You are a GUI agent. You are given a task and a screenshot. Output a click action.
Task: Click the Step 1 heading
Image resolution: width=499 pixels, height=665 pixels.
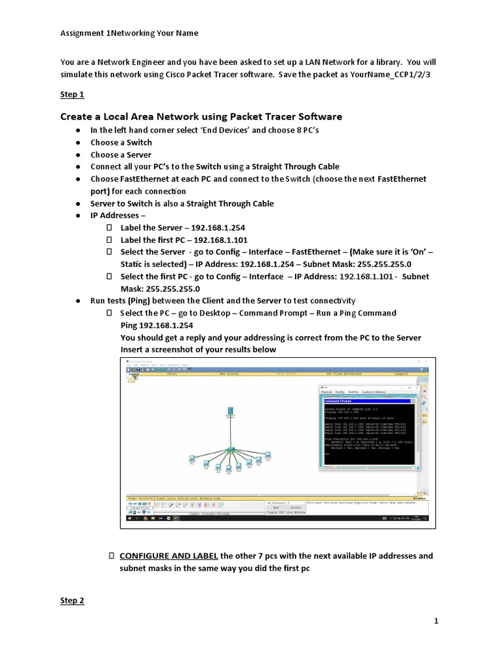point(72,94)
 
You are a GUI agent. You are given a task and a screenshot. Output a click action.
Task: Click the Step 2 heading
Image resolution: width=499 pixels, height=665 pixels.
point(72,601)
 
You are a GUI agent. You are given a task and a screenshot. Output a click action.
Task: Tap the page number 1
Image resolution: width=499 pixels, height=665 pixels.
point(437,621)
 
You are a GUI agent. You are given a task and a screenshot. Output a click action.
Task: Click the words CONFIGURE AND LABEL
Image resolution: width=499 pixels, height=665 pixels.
point(169,556)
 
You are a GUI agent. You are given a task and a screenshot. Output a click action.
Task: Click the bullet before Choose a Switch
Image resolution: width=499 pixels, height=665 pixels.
point(77,143)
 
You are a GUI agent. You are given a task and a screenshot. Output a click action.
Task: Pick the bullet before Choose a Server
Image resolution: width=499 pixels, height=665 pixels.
point(77,155)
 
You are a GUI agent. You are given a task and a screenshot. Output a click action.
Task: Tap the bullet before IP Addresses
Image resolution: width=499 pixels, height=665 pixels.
point(77,216)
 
